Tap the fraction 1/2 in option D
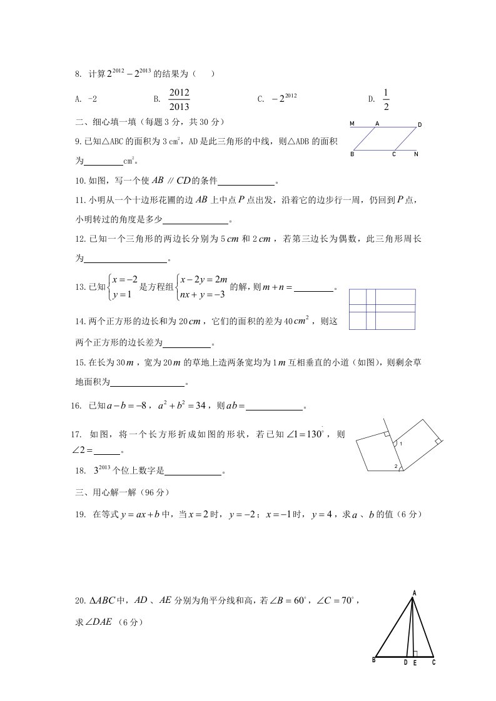pos(386,99)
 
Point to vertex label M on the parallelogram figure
pos(352,124)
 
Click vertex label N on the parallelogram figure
pos(416,154)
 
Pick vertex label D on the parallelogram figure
pos(420,125)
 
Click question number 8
pos(78,74)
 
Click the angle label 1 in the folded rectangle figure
pos(400,444)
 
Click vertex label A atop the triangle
pos(414,591)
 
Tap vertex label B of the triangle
pos(373,660)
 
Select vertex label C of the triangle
pos(433,662)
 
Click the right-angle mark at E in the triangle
pos(415,653)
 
